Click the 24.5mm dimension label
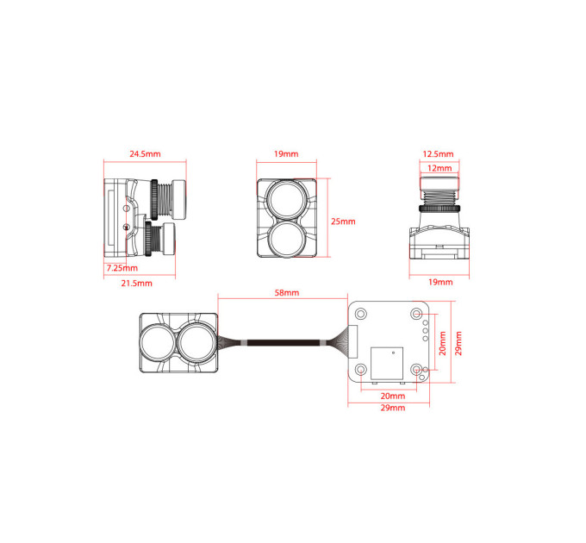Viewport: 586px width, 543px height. (x=145, y=154)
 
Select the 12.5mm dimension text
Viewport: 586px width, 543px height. (x=438, y=154)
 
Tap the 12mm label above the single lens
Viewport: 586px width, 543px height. (x=439, y=168)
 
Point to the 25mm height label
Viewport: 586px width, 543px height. (x=343, y=222)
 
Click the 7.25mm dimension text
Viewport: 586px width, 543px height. (x=122, y=268)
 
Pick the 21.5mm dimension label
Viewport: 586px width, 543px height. (x=137, y=284)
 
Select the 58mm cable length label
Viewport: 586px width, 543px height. (x=287, y=292)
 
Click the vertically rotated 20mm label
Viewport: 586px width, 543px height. (x=442, y=343)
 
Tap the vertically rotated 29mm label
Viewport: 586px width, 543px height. (x=458, y=343)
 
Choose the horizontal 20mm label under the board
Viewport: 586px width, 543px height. (x=393, y=396)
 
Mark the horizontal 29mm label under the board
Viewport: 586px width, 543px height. (x=393, y=408)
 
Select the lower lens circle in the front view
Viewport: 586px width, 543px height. (x=287, y=239)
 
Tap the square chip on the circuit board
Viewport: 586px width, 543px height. (x=387, y=363)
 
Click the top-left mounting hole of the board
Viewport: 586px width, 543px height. (x=361, y=313)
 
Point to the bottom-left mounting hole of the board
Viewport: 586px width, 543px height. (x=361, y=370)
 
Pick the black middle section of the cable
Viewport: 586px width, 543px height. (x=284, y=343)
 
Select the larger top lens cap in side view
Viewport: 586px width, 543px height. (x=178, y=199)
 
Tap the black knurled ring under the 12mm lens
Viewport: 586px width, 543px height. (x=439, y=209)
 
